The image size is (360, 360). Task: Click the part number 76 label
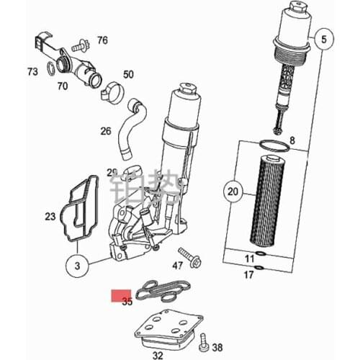102,40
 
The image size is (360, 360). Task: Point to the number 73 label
32,72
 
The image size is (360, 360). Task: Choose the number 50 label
128,74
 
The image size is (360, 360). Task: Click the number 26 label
106,131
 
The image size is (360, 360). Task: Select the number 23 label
50,216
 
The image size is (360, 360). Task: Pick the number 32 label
158,355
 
